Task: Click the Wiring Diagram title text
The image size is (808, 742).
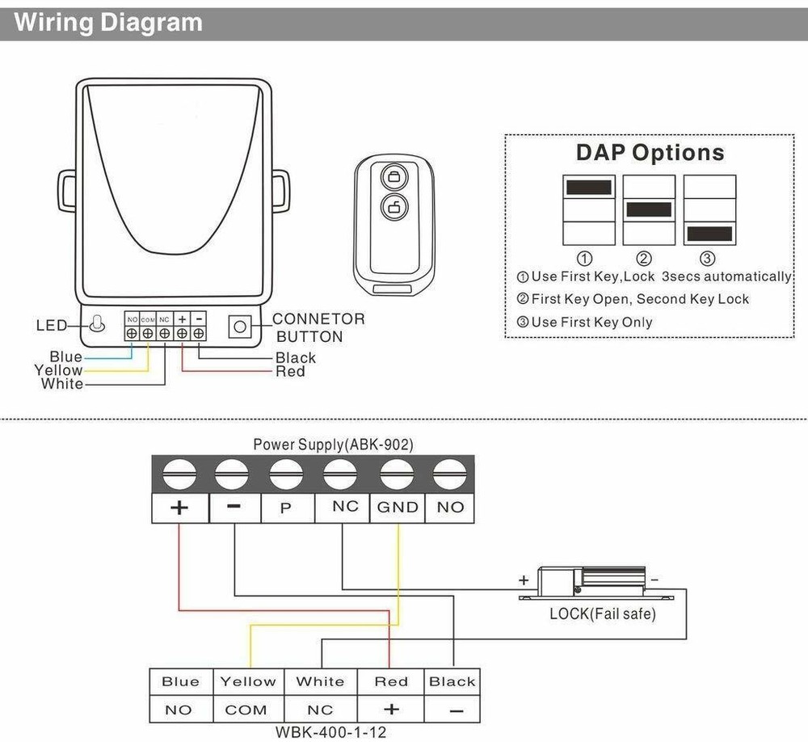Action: (108, 22)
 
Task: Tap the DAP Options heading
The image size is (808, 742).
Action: (650, 153)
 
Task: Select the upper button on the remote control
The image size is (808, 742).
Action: (393, 176)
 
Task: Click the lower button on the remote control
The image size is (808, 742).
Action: (393, 206)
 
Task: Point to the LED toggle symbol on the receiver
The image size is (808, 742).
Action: (97, 325)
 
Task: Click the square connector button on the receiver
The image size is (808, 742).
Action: (239, 327)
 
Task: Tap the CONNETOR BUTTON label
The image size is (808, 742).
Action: (318, 328)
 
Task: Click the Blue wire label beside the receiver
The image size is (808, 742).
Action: (65, 356)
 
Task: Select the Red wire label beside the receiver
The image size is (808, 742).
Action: (290, 372)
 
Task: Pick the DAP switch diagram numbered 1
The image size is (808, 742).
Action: (589, 210)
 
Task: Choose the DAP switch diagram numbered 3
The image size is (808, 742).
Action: (709, 210)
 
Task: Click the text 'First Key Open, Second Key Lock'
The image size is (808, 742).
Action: (640, 299)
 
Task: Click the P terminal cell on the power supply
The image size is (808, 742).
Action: (285, 508)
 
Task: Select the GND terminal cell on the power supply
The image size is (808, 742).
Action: (398, 508)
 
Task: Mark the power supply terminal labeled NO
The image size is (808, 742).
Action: (450, 508)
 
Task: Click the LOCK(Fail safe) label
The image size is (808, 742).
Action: (602, 613)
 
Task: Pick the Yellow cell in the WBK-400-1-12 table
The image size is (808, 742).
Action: (247, 681)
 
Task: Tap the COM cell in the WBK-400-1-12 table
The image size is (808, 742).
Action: (246, 710)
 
